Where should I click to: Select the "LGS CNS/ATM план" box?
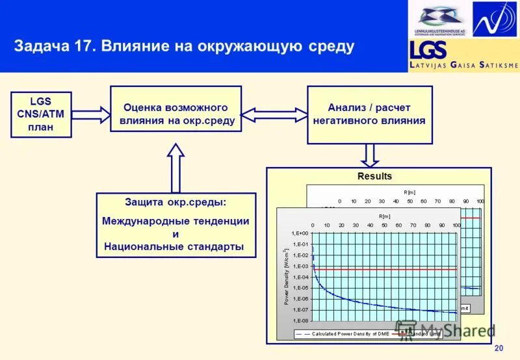41,114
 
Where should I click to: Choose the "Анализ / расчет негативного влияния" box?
369,114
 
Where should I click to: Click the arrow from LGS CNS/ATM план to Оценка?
91,114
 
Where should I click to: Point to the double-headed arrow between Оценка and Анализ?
274,114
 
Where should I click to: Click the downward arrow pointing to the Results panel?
369,155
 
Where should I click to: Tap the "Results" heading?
375,176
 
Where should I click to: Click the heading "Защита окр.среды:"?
175,201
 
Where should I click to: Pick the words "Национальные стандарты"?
174,246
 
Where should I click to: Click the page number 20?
499,348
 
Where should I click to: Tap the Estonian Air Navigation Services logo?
440,19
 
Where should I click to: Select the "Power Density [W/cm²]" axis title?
286,276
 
